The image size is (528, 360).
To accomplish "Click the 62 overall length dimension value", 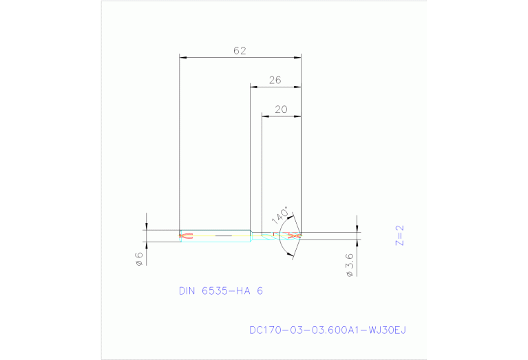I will pos(240,51).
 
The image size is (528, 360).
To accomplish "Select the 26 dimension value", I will pos(275,81).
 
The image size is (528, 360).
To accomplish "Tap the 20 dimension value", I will pos(281,109).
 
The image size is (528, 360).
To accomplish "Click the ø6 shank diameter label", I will pos(138,258).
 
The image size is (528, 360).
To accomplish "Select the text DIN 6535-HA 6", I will pos(220,291).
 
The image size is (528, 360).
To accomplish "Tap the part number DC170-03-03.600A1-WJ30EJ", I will pos(328,330).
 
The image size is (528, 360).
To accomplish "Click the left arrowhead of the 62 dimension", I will pos(182,57).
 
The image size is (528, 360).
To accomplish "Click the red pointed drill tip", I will pos(295,236).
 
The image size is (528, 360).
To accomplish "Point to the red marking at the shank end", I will pos(184,236).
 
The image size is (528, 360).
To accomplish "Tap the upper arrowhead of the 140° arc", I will pos(293,218).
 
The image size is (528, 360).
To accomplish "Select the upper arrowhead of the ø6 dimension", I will pos(147,228).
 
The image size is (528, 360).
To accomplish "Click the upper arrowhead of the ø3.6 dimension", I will pos(357,229).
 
